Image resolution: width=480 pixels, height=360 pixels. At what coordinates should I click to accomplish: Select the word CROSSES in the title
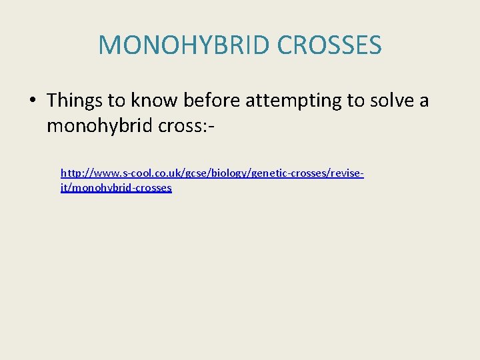pos(329,45)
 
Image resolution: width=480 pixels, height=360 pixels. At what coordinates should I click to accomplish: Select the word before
pos(215,101)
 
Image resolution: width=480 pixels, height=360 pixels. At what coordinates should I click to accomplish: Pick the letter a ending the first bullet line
pos(424,101)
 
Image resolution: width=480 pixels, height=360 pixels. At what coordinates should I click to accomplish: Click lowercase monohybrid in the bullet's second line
pos(99,125)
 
